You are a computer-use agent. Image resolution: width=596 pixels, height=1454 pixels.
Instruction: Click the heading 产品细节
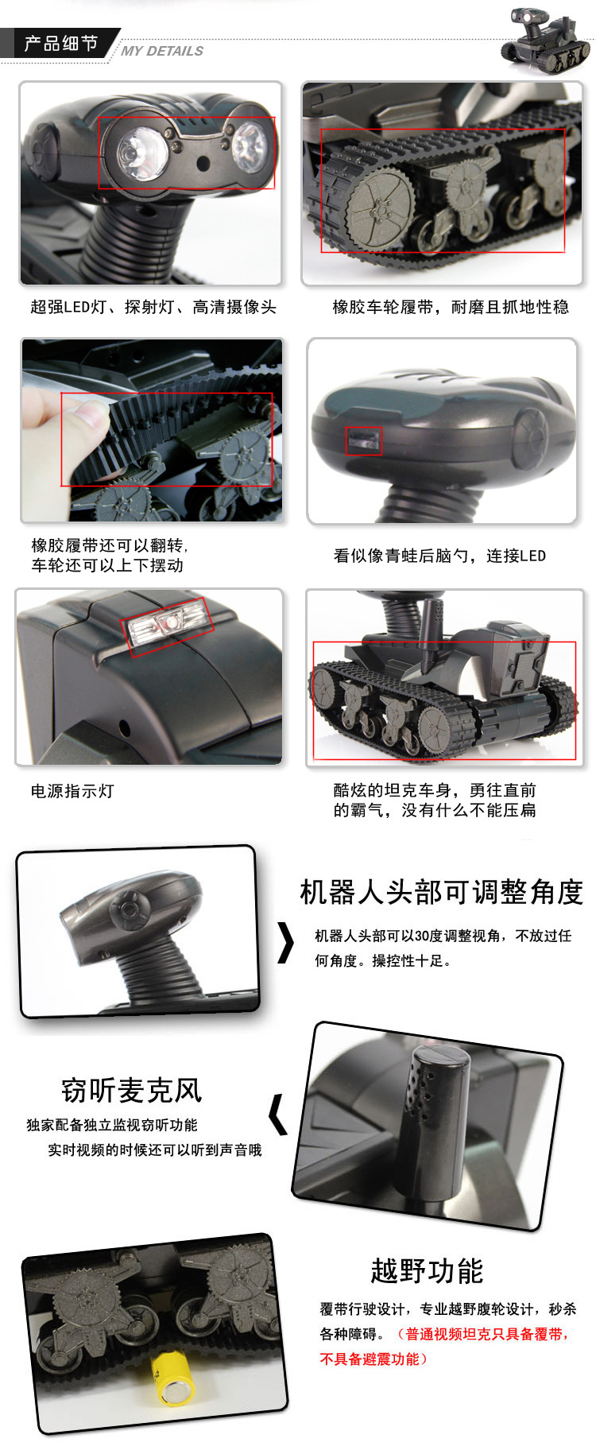point(61,43)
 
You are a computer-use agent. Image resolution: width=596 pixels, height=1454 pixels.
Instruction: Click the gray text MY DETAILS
point(162,51)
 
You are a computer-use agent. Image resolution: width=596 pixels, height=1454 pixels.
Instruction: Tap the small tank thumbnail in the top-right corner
point(546,40)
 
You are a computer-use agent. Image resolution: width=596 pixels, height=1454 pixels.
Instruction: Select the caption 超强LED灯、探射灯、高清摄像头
point(153,307)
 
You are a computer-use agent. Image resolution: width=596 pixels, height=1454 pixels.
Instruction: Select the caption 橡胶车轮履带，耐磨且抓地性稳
point(451,307)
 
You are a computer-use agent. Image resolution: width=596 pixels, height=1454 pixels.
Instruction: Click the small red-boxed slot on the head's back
point(364,441)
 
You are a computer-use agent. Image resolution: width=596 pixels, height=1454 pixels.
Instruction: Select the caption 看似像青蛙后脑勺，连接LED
point(439,556)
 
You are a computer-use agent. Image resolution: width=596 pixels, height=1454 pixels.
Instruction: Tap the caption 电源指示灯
point(72,791)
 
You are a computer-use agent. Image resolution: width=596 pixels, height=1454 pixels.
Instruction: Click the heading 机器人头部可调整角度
point(442,892)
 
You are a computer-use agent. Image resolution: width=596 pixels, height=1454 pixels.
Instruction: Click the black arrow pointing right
point(286,942)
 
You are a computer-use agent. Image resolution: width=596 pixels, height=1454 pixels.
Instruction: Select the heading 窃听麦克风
point(132,1090)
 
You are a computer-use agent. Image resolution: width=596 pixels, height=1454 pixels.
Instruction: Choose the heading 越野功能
point(427,1270)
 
